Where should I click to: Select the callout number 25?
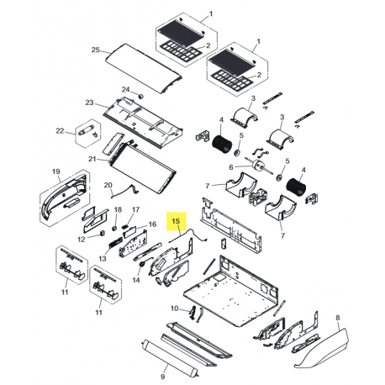95,50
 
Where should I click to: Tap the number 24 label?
126,89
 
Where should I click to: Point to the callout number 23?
88,103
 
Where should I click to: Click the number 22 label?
60,130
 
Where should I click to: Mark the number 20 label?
108,184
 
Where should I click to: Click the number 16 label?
152,224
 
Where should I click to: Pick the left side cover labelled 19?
61,198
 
